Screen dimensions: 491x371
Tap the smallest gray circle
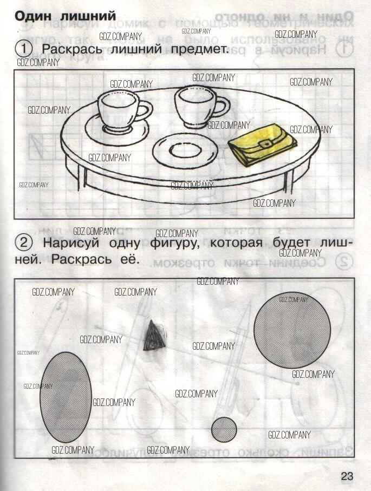coord(224,429)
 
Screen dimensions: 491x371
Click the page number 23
coord(347,476)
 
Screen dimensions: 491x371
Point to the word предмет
coord(203,50)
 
